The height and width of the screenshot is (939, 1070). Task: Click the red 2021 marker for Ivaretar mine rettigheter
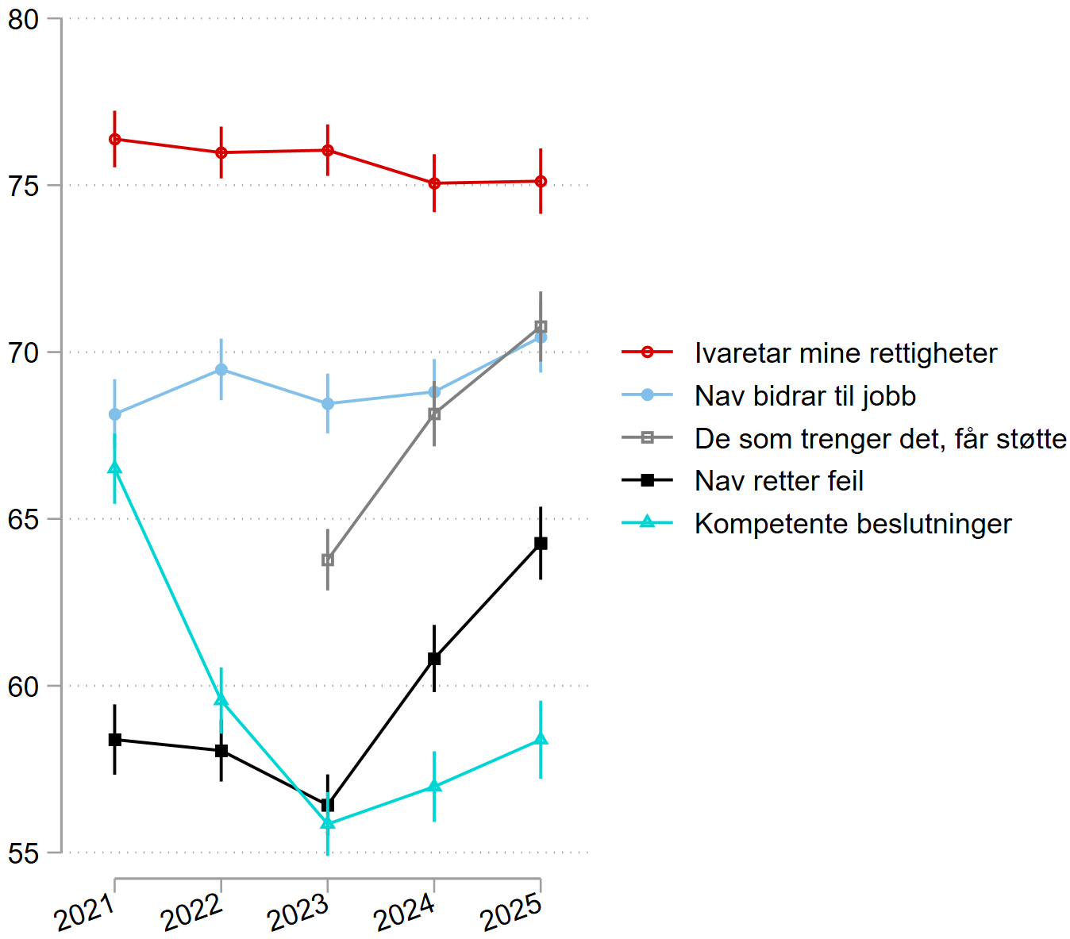click(115, 139)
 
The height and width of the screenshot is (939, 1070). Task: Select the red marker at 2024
click(434, 183)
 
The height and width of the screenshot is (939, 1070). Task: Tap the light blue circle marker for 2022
click(221, 370)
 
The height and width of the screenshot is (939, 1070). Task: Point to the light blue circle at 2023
click(328, 403)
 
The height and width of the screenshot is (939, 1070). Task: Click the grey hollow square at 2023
click(328, 560)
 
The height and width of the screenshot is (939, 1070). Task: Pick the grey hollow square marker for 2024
click(434, 414)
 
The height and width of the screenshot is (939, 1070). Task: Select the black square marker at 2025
click(541, 544)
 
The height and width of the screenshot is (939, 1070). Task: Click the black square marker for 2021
click(115, 740)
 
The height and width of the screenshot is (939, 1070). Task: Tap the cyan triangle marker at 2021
click(115, 468)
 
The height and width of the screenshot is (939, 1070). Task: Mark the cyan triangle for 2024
click(434, 786)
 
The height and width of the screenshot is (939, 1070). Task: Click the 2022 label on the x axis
click(192, 914)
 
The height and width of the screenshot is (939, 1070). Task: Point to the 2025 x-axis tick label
click(512, 914)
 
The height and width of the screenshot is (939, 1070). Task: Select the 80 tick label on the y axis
click(24, 19)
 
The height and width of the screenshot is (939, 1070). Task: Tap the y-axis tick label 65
click(24, 519)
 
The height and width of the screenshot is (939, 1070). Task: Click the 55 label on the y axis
click(24, 853)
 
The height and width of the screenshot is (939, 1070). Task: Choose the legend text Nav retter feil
click(779, 481)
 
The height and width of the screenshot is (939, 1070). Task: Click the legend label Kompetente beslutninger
click(853, 524)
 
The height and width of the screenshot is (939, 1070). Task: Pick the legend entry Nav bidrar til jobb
click(805, 396)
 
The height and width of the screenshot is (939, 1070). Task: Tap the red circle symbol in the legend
click(647, 352)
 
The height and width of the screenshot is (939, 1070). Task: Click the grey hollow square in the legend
click(647, 438)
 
